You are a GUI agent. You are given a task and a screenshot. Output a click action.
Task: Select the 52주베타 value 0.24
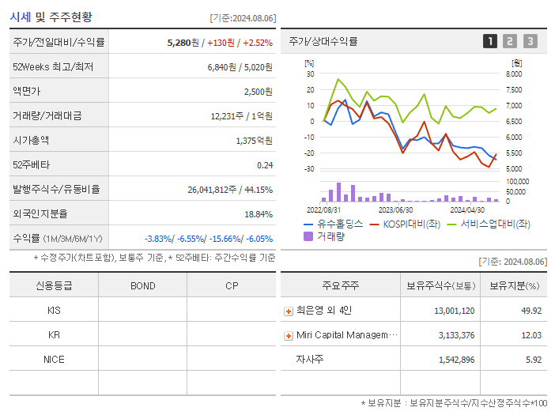click(264, 164)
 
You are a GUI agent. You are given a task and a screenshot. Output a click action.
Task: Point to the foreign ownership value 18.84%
click(259, 213)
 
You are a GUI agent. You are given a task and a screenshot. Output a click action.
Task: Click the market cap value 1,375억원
click(254, 140)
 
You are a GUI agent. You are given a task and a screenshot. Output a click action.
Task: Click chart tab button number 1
click(490, 41)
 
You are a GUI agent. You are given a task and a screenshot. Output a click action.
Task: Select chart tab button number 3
click(530, 41)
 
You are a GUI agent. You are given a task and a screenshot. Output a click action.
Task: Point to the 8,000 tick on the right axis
click(513, 74)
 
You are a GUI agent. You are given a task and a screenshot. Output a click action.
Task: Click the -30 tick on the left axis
click(309, 168)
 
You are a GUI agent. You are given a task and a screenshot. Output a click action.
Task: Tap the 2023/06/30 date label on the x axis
click(395, 209)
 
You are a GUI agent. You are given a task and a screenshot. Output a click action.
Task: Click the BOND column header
click(142, 285)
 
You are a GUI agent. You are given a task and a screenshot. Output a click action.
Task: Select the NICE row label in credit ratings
click(54, 359)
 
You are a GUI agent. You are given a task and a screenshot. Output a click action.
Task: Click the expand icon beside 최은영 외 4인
click(289, 311)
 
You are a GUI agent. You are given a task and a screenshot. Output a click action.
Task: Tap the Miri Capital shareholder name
click(343, 335)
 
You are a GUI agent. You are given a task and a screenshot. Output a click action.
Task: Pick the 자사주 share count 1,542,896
click(455, 360)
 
